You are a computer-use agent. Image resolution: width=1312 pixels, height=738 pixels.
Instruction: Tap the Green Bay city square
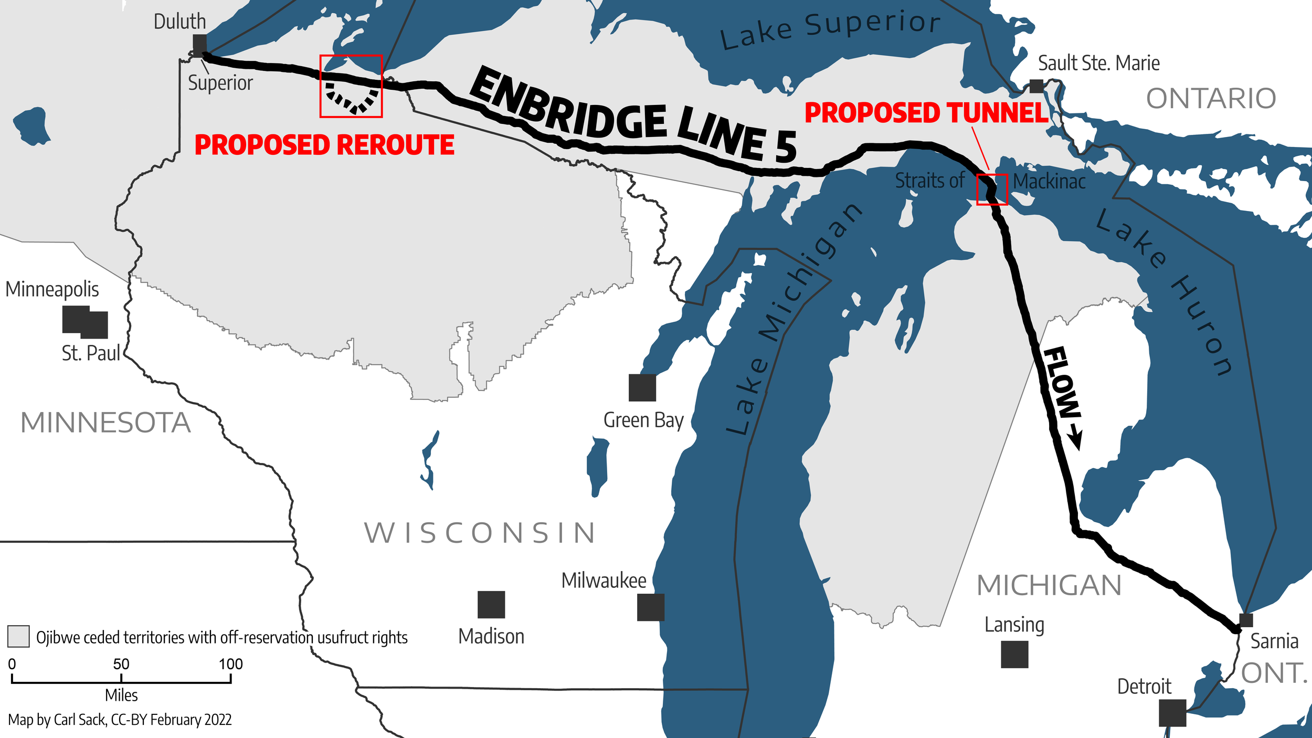point(642,387)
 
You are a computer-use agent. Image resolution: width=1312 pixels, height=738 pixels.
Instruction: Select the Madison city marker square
point(491,605)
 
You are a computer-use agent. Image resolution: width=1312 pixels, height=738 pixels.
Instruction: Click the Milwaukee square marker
point(651,607)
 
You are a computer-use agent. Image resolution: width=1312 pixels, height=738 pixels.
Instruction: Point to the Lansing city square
point(1014,655)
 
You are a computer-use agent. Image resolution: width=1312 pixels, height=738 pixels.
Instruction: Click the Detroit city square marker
point(1172,713)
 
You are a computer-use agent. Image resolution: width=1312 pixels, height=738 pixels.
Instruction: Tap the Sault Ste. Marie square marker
point(1036,86)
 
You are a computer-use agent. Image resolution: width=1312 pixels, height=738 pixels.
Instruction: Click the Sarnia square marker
point(1246,620)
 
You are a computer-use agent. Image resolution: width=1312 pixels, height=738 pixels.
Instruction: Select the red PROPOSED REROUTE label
point(324,145)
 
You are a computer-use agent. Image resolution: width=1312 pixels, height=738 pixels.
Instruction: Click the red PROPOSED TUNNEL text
point(926,113)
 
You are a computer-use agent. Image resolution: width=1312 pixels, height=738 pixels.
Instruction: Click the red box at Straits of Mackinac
point(992,189)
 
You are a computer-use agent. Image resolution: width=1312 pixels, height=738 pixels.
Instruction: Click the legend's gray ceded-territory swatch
point(18,636)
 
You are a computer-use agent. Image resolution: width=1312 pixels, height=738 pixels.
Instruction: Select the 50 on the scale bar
point(121,664)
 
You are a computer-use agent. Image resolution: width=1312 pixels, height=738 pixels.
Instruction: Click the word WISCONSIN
point(480,533)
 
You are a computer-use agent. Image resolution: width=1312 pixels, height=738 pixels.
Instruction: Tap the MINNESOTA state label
point(105,423)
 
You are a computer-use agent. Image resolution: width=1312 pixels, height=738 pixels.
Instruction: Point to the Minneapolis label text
point(52,289)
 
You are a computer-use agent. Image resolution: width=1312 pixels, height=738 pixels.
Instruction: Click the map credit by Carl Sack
point(120,720)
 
